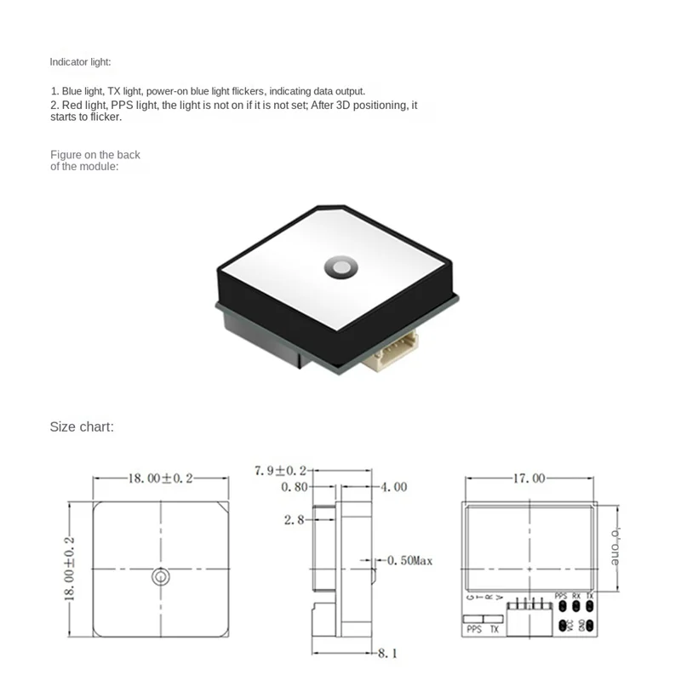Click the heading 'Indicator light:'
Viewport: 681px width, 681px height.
(80, 62)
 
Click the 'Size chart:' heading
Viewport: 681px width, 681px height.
(81, 426)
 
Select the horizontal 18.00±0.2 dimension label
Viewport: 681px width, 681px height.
(160, 478)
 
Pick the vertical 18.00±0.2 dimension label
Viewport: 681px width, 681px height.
(71, 569)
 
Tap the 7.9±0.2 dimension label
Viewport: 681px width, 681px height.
(280, 470)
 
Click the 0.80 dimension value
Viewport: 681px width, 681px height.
(294, 488)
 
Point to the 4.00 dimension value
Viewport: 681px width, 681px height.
(394, 488)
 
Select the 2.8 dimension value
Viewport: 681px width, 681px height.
(295, 518)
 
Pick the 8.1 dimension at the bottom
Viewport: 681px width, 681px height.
(389, 654)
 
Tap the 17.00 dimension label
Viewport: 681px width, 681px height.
(528, 478)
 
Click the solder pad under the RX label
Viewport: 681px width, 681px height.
(576, 606)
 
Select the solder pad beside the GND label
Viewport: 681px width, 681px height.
(589, 626)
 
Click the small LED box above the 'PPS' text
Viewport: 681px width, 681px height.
(473, 619)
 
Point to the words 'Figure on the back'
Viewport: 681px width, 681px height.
(94, 155)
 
